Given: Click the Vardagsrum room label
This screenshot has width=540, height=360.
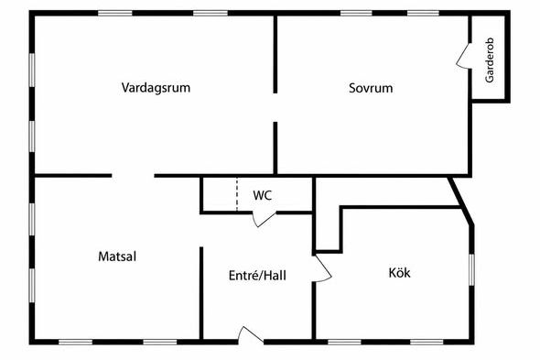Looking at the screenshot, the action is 156,87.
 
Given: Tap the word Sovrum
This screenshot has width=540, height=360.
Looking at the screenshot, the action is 371,88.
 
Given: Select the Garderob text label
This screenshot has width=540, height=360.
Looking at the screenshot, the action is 490,60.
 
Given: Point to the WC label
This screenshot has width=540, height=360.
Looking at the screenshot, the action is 263,195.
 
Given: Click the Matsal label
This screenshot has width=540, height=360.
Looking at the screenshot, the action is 117,256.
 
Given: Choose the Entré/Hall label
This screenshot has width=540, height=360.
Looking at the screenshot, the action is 257,275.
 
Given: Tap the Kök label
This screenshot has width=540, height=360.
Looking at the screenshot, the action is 399,273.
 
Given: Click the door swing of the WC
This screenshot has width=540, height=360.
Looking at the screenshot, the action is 265,220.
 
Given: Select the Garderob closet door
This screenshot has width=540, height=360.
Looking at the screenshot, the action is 463,56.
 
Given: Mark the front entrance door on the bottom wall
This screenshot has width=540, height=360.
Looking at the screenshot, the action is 252,335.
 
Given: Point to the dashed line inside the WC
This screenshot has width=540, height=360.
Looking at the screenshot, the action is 237,194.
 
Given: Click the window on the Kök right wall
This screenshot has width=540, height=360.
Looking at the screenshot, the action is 471,269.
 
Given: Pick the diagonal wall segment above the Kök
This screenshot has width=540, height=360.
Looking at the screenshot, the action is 460,201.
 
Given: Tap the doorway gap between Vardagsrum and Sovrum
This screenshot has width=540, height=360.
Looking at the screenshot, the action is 275,107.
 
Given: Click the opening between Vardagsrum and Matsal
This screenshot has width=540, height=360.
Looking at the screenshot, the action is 133,176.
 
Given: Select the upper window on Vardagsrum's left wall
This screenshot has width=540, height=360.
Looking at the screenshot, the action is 32,70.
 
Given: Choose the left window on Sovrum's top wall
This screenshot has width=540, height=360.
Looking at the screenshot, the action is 356,14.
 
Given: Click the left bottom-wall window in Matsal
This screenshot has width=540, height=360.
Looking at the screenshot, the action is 75,342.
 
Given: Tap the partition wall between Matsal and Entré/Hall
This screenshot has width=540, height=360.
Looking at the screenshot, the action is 201,293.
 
